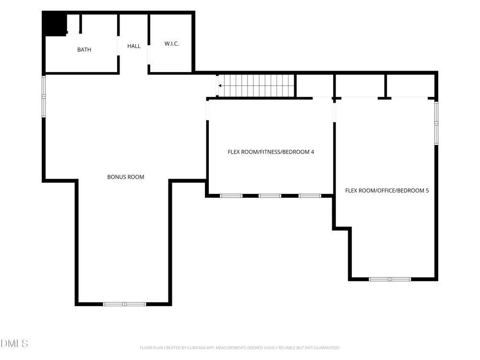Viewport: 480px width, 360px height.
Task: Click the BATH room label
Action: pos(84,49)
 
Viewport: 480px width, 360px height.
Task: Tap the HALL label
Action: pos(134,46)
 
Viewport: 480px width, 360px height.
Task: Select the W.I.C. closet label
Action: pos(171,44)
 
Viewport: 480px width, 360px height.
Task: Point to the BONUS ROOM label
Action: pos(125,177)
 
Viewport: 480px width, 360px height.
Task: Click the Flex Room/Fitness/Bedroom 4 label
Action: pos(271,152)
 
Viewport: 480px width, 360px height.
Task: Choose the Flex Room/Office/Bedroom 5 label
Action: pos(387,191)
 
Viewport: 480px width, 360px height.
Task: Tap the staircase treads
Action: pos(256,86)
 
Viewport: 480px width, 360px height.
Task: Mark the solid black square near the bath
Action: pos(55,23)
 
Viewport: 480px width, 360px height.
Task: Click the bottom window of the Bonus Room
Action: pos(124,304)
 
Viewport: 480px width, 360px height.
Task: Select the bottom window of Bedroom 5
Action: pos(390,279)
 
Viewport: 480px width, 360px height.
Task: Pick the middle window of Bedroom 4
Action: pos(270,196)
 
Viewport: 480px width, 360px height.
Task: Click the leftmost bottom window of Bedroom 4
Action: pos(231,196)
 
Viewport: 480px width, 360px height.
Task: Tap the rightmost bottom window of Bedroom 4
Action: pos(310,196)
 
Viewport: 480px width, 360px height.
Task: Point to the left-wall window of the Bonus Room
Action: pos(44,96)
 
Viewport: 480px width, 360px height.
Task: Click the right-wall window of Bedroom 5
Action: pos(436,123)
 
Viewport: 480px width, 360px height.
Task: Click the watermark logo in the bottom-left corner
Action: pos(14,344)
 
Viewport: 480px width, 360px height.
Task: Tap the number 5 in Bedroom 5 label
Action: pos(427,191)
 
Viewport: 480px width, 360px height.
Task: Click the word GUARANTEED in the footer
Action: pos(326,348)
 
